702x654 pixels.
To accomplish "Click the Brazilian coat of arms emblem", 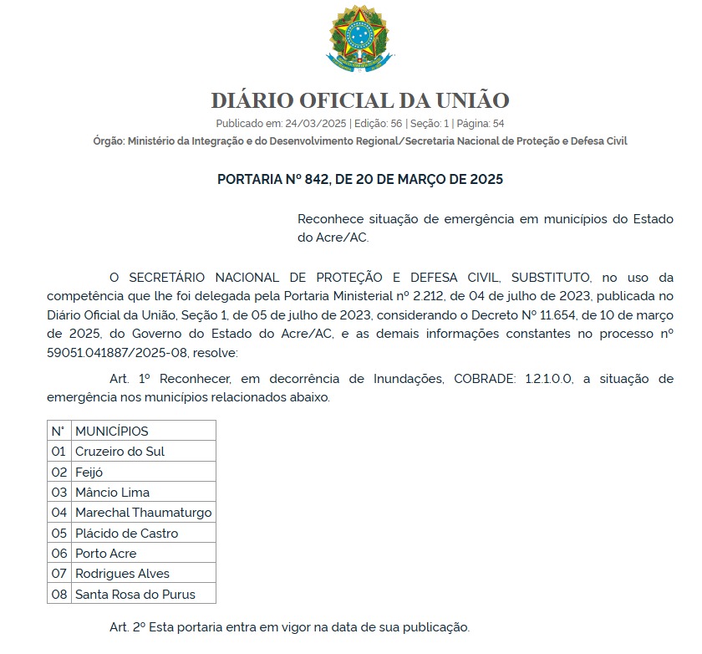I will tap(357, 38).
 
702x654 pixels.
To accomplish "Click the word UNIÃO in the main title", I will tap(472, 100).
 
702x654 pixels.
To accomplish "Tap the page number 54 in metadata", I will tap(498, 123).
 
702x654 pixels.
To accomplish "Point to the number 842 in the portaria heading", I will tap(311, 179).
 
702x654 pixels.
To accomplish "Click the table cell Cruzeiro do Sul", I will tap(120, 452).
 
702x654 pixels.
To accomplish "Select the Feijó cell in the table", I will tap(90, 472).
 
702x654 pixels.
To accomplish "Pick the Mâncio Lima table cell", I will tap(112, 493).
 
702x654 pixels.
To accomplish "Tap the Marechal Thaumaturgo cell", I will tap(143, 513).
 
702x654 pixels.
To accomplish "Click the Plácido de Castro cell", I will tap(126, 533).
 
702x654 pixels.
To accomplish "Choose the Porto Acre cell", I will tap(105, 553).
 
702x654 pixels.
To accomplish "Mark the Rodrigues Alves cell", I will tap(122, 574).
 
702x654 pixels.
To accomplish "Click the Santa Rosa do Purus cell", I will tap(135, 594).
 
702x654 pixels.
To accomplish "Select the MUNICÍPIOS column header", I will tap(111, 432).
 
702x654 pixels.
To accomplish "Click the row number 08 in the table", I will tap(58, 594).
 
